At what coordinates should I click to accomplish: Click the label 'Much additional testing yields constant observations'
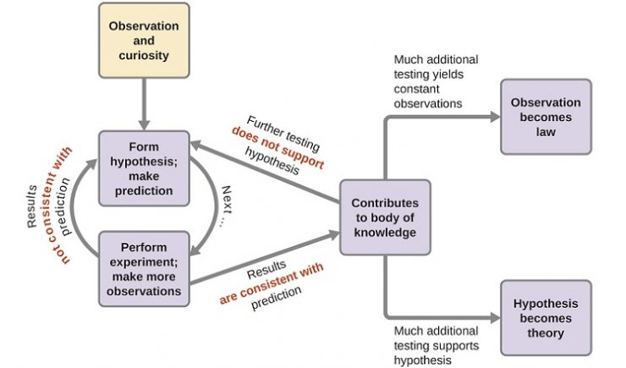(x=436, y=81)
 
